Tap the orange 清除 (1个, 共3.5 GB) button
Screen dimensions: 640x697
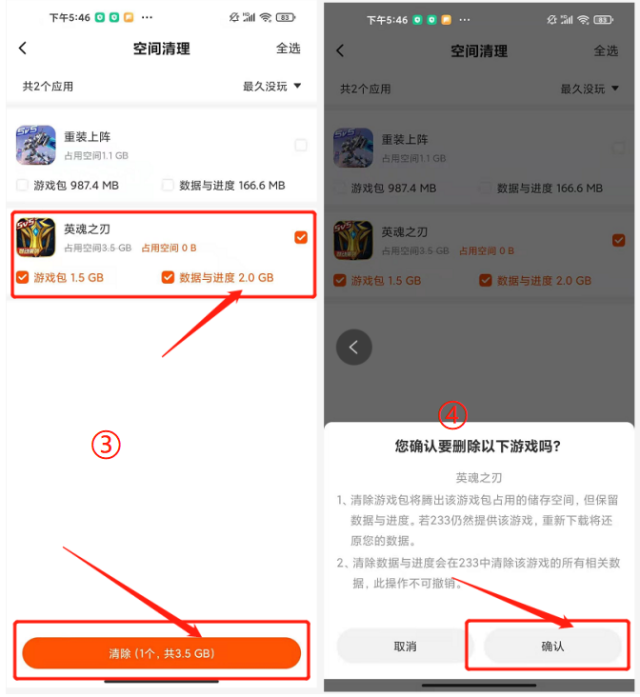(x=162, y=652)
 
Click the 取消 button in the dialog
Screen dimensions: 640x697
(x=405, y=647)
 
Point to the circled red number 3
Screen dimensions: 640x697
(x=106, y=445)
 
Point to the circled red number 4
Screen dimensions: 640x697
(x=452, y=415)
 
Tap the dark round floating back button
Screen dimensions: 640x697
(x=354, y=348)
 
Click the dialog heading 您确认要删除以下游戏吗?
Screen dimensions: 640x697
(x=478, y=446)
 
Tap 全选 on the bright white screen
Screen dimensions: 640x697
(x=289, y=48)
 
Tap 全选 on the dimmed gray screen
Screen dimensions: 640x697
(x=606, y=50)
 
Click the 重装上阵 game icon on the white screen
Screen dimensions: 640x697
(x=36, y=145)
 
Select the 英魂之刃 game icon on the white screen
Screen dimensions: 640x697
(x=36, y=237)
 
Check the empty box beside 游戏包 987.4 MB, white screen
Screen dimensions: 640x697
(x=22, y=185)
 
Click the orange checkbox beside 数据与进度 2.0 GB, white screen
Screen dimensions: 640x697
(x=168, y=277)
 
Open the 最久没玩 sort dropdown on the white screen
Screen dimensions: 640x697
(x=271, y=86)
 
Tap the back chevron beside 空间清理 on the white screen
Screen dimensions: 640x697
(x=23, y=48)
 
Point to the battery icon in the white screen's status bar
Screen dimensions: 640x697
(x=286, y=18)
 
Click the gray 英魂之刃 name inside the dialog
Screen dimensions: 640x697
(x=479, y=478)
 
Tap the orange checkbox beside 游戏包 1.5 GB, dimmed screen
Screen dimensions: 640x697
(x=340, y=281)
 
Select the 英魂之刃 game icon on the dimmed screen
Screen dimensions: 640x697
(x=353, y=240)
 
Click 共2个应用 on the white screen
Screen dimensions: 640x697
(x=48, y=87)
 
